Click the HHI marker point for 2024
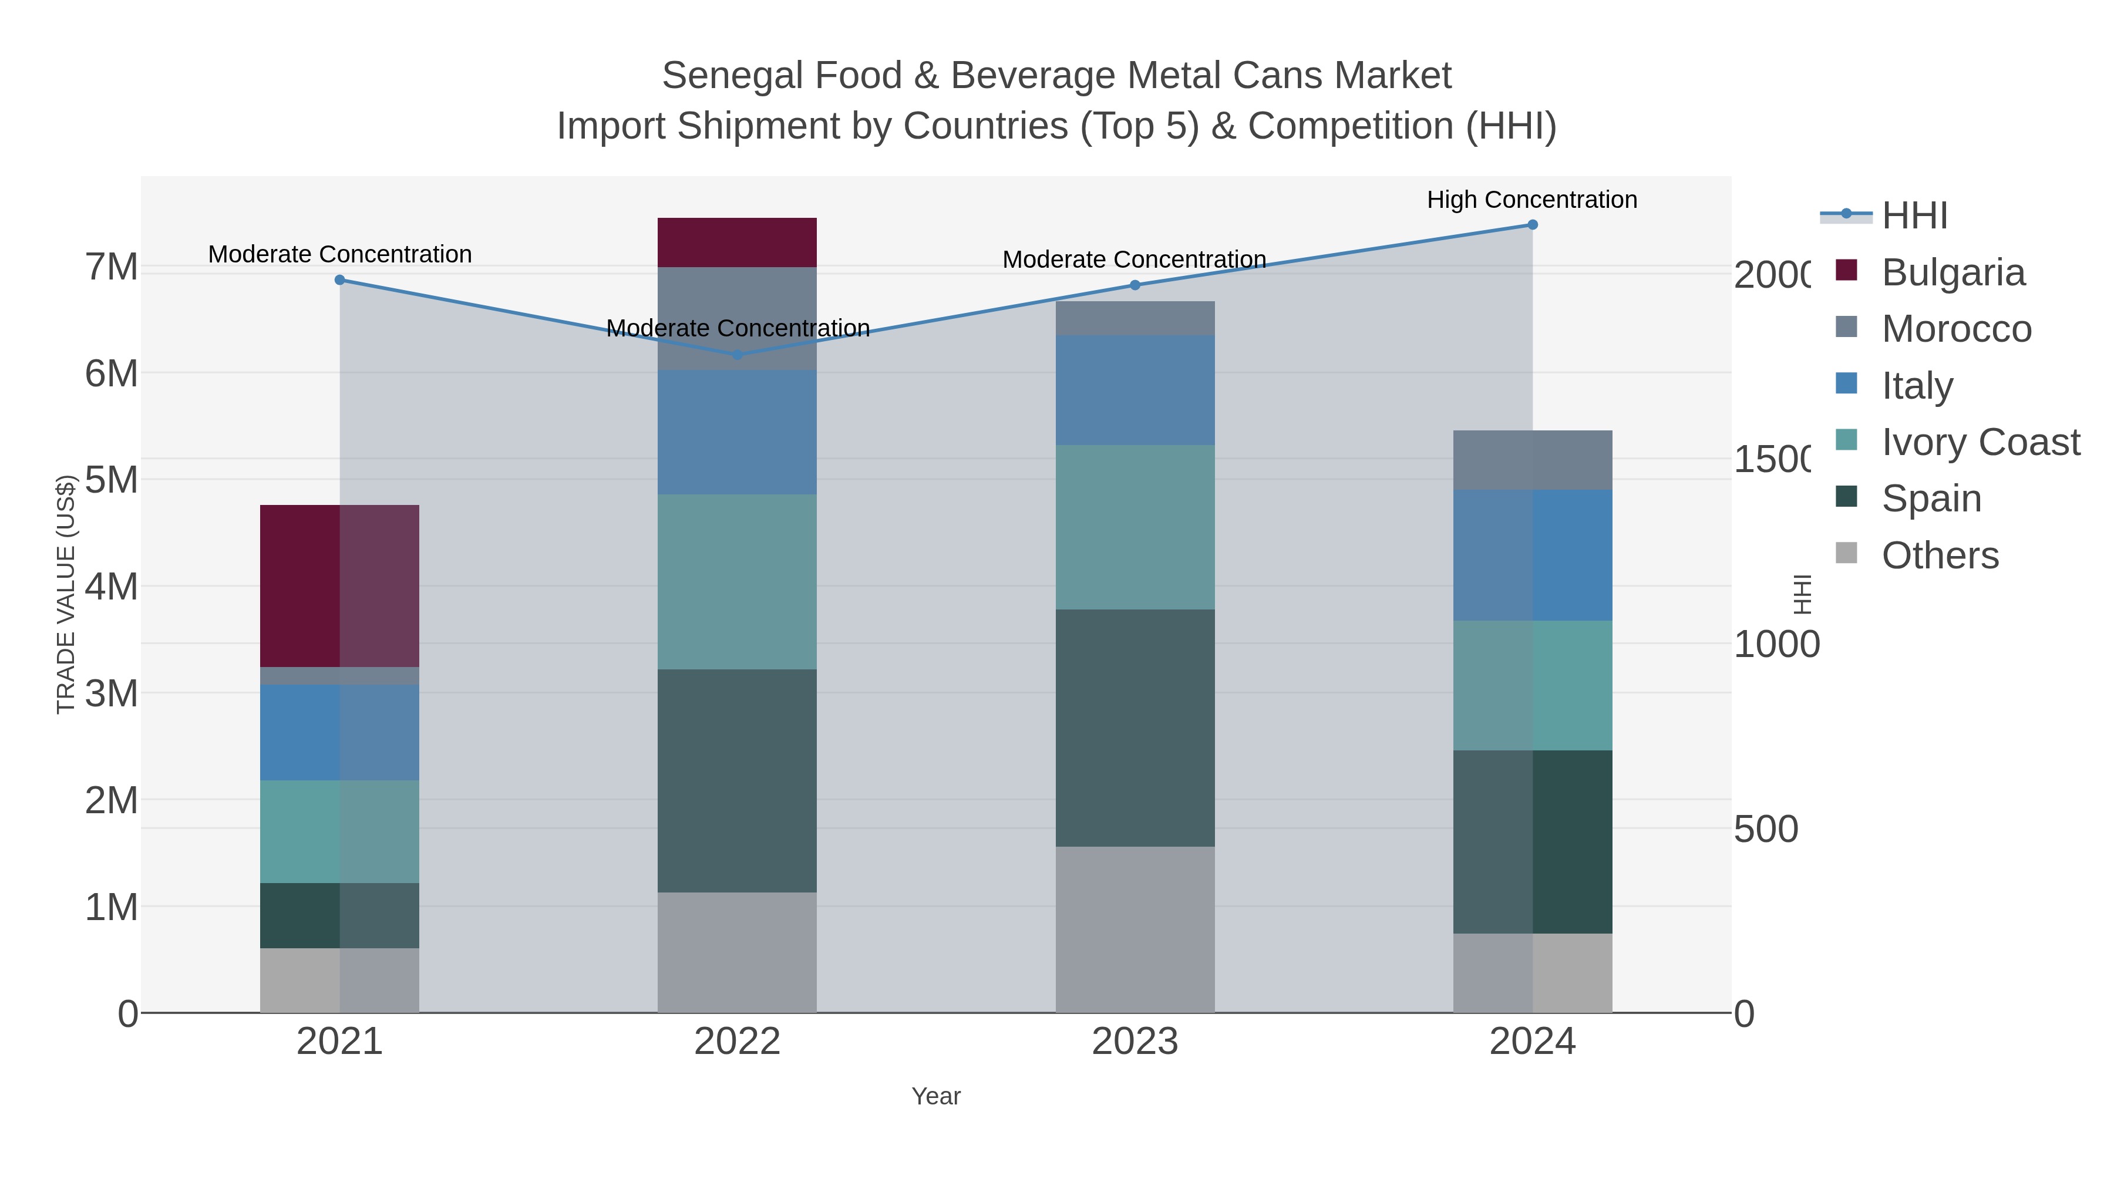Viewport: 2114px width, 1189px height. pyautogui.click(x=1532, y=225)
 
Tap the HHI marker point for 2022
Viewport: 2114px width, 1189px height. pyautogui.click(x=737, y=355)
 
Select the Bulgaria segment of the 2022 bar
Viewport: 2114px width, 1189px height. pyautogui.click(x=737, y=243)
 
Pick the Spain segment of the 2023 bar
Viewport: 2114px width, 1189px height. pyautogui.click(x=1134, y=728)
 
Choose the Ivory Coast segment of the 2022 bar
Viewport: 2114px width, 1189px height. pyautogui.click(x=737, y=582)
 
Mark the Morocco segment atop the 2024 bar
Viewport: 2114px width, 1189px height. pyautogui.click(x=1532, y=460)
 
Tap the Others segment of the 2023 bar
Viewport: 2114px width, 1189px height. pyautogui.click(x=1134, y=929)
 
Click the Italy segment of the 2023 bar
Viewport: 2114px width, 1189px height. pyautogui.click(x=1134, y=390)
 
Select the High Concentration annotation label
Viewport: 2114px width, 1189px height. pyautogui.click(x=1531, y=200)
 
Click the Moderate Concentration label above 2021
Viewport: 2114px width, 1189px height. pyautogui.click(x=340, y=254)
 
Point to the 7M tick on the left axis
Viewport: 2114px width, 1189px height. pyautogui.click(x=112, y=268)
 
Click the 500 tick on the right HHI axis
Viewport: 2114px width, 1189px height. pyautogui.click(x=1765, y=830)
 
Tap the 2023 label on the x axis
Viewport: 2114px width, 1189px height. pyautogui.click(x=1134, y=1042)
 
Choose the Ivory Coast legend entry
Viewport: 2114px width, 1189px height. pyautogui.click(x=1980, y=442)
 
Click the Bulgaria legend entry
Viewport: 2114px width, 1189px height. pyautogui.click(x=1953, y=272)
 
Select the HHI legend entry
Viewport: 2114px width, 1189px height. pyautogui.click(x=1914, y=216)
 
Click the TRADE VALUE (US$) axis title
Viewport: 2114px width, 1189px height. pyautogui.click(x=66, y=594)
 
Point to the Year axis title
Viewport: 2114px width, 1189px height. pyautogui.click(x=935, y=1096)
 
